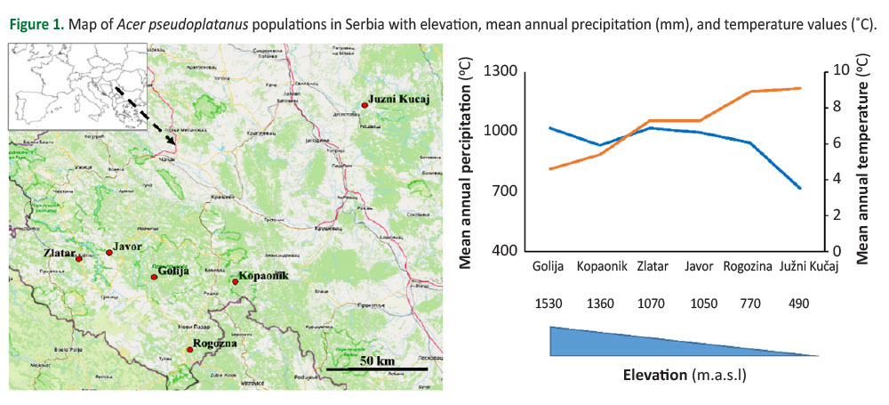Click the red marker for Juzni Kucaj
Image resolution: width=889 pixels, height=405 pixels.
(x=364, y=105)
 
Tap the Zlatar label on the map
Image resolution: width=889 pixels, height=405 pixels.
(x=59, y=254)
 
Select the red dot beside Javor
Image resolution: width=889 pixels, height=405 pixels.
(x=109, y=253)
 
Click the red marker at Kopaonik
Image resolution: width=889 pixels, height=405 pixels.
(x=235, y=282)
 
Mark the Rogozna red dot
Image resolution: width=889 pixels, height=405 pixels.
(x=189, y=350)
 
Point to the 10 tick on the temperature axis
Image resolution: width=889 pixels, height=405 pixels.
(x=845, y=71)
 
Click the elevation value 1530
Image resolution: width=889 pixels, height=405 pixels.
(x=549, y=304)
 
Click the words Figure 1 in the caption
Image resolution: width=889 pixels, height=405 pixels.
(x=36, y=23)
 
